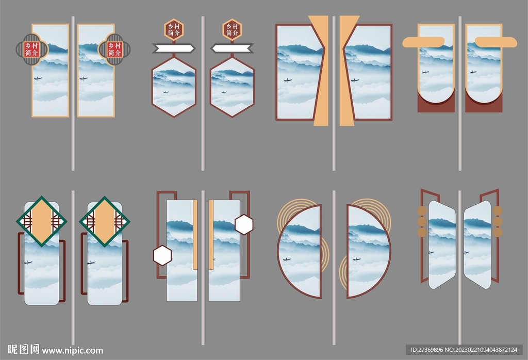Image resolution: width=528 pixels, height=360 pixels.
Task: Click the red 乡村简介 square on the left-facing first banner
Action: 32,50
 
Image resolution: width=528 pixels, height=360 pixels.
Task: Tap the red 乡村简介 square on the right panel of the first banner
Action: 114,50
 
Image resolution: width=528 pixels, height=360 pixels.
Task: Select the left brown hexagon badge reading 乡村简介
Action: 174,29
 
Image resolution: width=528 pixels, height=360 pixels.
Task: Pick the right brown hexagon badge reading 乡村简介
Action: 232,29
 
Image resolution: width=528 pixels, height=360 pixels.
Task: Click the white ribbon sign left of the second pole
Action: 174,48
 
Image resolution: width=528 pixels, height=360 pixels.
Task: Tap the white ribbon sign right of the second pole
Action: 233,48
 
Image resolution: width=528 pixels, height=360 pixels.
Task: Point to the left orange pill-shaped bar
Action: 424,42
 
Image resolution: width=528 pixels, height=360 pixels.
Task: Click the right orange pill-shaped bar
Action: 496,42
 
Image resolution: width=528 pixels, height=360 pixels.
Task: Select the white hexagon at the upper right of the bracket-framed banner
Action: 244,225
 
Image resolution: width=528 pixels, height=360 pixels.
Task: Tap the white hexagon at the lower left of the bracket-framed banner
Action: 162,255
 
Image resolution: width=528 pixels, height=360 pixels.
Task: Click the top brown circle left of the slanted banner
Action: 422,211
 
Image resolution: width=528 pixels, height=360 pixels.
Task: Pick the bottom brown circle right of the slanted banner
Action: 498,233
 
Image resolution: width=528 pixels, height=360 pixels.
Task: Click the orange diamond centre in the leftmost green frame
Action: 41,221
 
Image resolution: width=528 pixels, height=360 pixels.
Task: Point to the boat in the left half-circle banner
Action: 287,259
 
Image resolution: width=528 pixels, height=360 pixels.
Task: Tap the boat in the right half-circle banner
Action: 356,259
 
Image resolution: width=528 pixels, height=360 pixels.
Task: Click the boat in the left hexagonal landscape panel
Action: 166,92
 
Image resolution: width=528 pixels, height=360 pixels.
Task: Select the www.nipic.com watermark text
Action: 72,351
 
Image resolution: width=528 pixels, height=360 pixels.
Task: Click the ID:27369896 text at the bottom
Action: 426,350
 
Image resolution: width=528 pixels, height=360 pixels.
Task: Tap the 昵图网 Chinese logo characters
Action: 24,350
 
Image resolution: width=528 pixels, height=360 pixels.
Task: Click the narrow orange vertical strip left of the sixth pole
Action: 195,235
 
